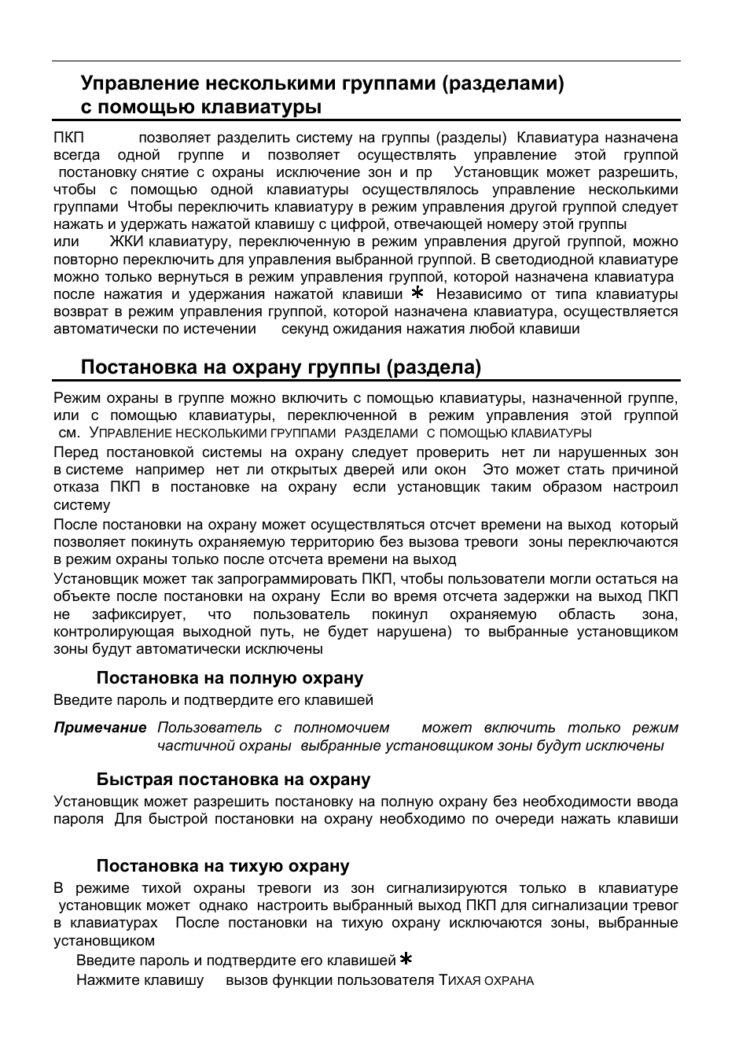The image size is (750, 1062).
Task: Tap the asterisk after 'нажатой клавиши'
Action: tap(417, 293)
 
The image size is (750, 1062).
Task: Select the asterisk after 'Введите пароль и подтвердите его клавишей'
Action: tap(406, 959)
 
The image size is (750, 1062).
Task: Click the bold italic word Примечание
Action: tap(100, 728)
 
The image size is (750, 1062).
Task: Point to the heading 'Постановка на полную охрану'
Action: tap(230, 678)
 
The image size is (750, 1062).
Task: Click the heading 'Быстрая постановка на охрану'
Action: tap(233, 780)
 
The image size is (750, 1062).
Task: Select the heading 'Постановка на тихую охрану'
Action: tap(222, 866)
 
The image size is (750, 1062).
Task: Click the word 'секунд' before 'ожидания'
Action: tap(305, 329)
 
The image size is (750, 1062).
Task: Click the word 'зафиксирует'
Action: tap(138, 614)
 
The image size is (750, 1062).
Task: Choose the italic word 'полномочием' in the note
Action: tap(342, 728)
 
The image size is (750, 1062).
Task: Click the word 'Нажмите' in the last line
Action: tap(105, 980)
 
